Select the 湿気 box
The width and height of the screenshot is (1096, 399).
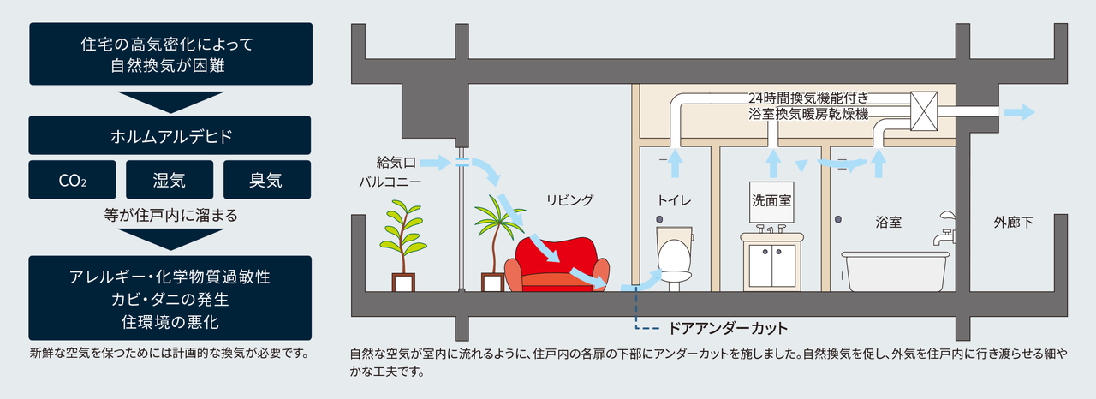(170, 181)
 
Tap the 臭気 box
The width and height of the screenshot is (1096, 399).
(266, 181)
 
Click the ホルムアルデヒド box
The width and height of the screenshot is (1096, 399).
(170, 135)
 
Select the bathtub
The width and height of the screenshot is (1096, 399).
(894, 270)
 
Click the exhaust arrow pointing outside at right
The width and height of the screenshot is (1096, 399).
(1019, 112)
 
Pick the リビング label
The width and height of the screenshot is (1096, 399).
(569, 199)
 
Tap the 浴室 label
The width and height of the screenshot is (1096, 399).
(888, 223)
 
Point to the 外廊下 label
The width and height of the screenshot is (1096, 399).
(1013, 223)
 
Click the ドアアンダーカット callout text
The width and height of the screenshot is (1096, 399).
(728, 328)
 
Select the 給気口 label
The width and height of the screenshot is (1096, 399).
(395, 161)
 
